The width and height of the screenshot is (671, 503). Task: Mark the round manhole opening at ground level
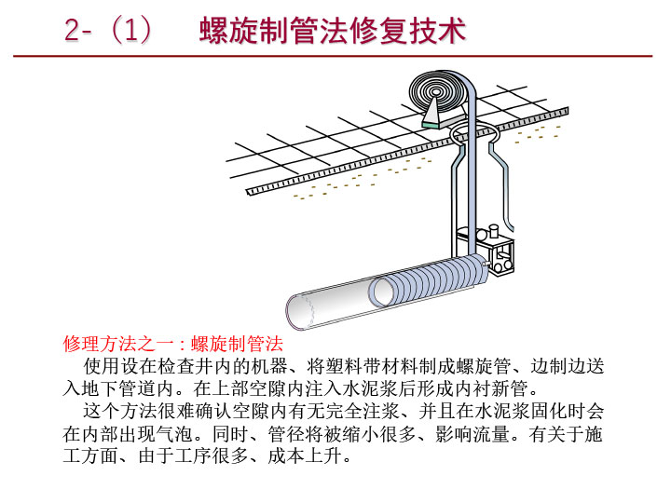pyautogui.click(x=476, y=137)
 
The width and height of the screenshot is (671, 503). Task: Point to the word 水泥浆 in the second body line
pyautogui.click(x=370, y=387)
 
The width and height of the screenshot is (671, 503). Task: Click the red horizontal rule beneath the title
pyautogui.click(x=335, y=56)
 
